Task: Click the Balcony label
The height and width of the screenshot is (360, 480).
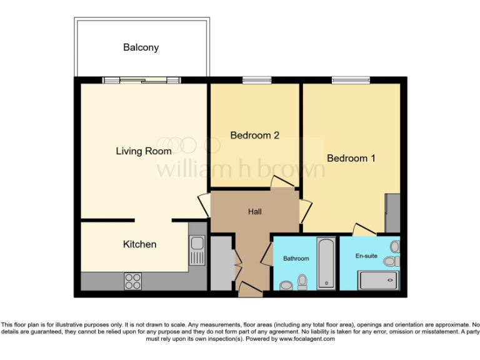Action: (141, 47)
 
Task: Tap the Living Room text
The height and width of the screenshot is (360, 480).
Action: (144, 151)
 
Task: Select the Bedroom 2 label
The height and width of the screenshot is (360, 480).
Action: (254, 135)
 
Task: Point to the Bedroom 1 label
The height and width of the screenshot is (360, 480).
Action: (351, 158)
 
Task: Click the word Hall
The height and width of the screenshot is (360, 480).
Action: (255, 212)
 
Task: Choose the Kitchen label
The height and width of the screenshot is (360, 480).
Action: (139, 244)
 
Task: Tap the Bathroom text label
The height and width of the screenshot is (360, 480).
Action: (296, 258)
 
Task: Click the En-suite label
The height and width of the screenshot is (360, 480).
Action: (366, 256)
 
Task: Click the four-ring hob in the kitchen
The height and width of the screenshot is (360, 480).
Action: (132, 281)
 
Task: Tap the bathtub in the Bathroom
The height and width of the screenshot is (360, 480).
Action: (326, 262)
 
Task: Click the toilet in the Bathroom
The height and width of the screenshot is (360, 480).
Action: (303, 282)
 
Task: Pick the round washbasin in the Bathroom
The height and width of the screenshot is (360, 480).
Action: (286, 285)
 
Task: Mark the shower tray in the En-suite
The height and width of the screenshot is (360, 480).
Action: (378, 281)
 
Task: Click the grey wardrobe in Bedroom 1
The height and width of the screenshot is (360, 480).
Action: (393, 213)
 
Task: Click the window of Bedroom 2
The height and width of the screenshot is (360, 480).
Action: (257, 79)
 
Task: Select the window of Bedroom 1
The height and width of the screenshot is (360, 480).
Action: (351, 79)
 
